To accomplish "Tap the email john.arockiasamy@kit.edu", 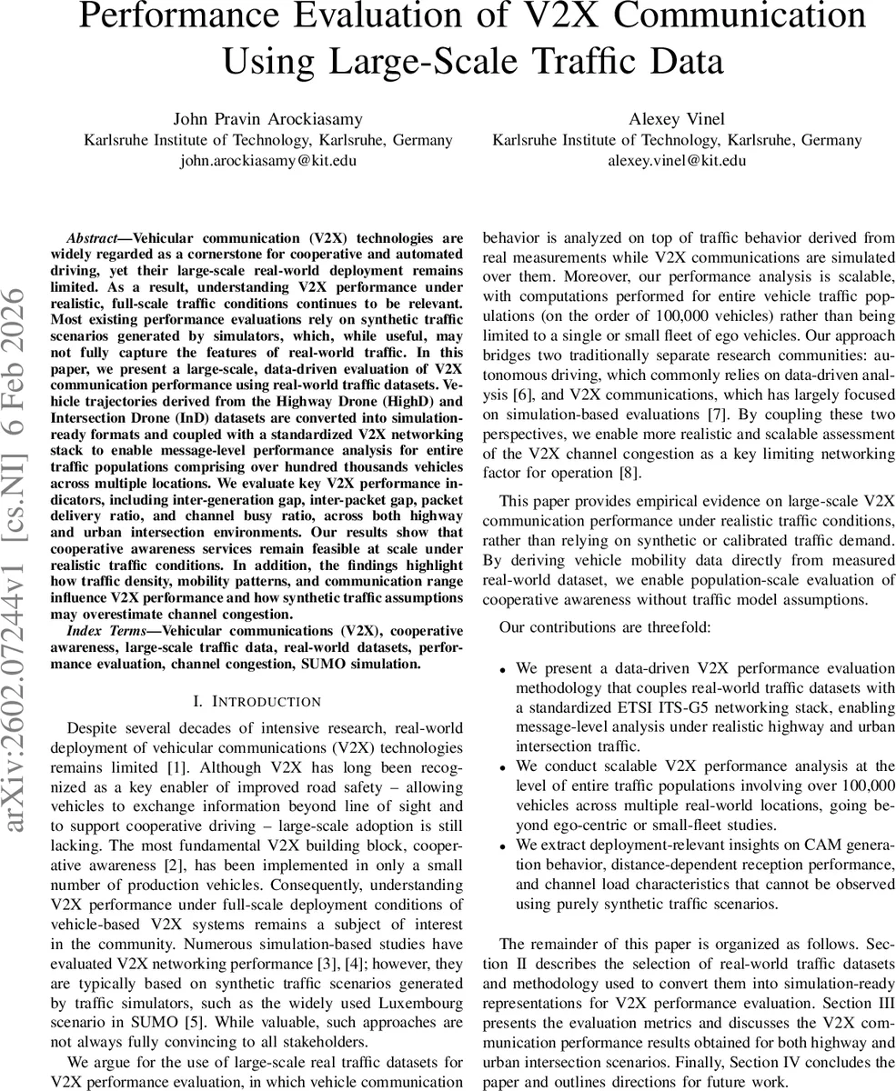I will point(268,161).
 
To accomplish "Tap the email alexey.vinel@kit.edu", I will point(677,161).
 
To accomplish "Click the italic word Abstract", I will point(94,237).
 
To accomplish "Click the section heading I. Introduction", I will point(257,701).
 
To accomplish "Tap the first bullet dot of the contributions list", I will point(502,670).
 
